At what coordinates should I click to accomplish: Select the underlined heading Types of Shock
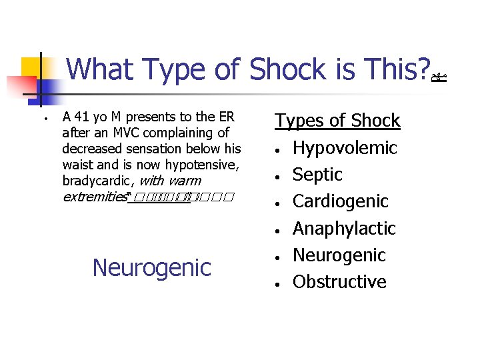(337, 121)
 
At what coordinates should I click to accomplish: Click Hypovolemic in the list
(345, 148)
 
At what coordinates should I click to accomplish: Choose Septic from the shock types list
(317, 175)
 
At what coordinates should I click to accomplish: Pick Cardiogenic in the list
(340, 201)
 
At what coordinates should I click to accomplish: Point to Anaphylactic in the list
(344, 229)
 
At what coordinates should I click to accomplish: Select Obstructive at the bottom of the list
(339, 282)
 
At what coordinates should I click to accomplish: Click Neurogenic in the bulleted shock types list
(339, 255)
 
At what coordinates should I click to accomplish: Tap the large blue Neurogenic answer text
(151, 268)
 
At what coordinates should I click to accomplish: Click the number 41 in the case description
(82, 117)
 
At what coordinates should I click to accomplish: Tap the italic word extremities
(94, 197)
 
